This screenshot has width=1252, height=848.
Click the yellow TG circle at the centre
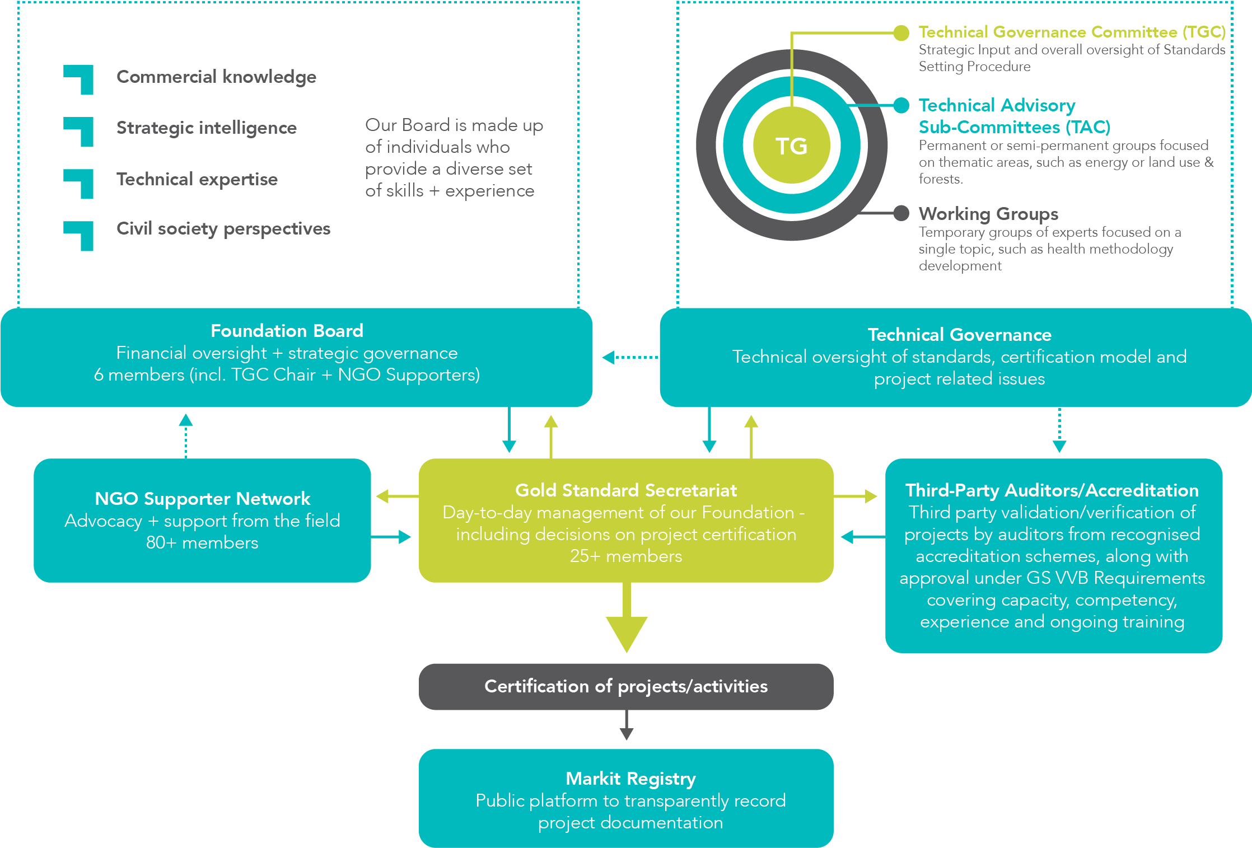791,145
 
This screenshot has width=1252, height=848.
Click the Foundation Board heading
287,331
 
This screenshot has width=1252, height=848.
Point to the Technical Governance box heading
959,335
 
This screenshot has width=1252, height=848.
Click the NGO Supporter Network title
202,498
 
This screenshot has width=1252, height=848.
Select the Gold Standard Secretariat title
626,490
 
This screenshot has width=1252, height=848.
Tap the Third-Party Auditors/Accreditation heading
1052,490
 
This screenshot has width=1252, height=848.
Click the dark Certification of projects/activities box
626,687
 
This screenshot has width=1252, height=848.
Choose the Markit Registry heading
630,779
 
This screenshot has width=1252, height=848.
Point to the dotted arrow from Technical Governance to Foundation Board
630,357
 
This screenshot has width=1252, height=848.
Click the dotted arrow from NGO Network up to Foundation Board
186,436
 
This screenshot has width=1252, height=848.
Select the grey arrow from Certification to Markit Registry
627,725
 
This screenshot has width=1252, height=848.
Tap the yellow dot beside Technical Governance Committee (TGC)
901,33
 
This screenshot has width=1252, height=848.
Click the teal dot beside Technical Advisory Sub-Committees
901,105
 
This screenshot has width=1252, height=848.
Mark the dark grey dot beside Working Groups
901,213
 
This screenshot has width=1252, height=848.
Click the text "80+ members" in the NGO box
202,542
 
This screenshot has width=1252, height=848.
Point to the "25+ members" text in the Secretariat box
626,556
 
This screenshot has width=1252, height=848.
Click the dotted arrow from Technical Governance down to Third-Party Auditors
1059,430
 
